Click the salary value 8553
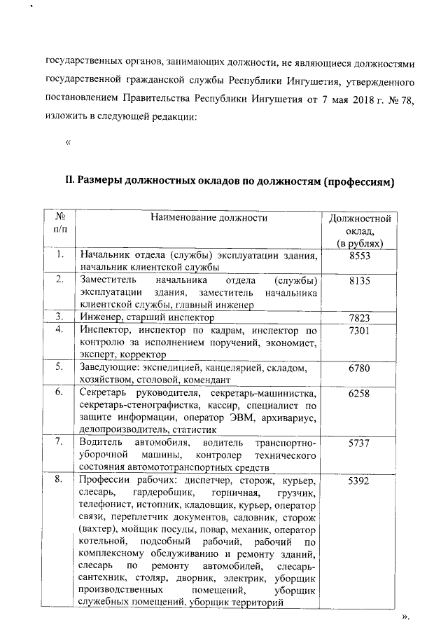[x=359, y=256]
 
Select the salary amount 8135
[x=359, y=280]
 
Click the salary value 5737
[x=359, y=443]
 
